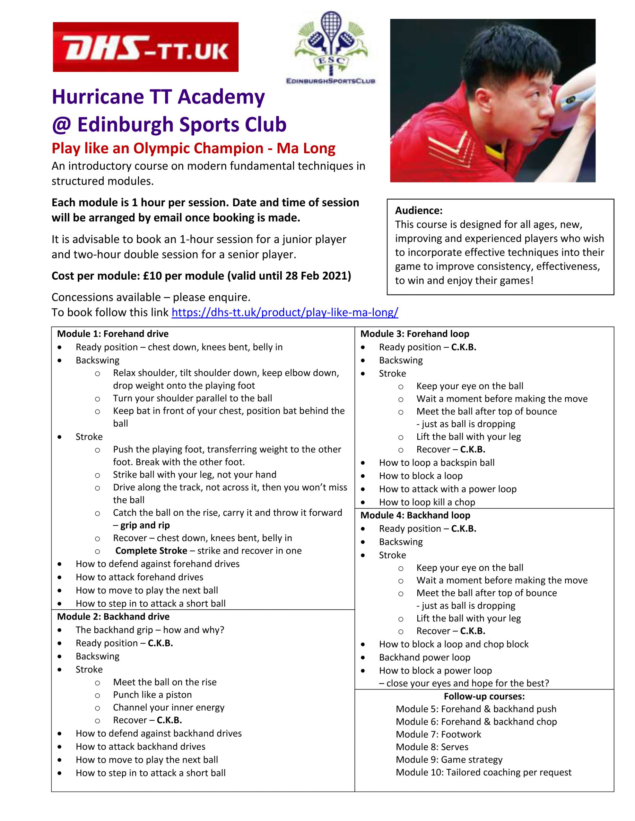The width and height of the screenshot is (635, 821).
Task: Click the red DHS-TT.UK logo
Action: point(145,47)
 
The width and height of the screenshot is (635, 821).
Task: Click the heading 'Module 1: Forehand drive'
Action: point(113,334)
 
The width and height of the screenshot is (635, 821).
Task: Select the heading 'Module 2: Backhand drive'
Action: point(113,616)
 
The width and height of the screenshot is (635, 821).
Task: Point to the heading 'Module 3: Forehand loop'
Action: point(415,334)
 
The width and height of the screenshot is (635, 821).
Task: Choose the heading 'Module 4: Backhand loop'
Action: point(415,515)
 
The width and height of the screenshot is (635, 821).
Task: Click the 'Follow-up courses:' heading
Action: point(484,696)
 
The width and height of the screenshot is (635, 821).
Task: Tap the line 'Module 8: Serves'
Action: point(432,747)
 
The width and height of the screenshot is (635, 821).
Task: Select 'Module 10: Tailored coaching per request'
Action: point(483,772)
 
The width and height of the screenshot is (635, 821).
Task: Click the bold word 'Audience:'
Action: point(419,210)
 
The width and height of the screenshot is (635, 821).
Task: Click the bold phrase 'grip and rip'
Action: point(145,525)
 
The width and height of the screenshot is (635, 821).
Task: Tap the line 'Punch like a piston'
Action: point(152,695)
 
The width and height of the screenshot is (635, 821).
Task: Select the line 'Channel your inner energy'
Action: point(168,707)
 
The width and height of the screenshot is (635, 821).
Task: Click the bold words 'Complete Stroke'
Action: point(151,551)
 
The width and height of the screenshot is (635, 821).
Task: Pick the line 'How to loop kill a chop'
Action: point(427,502)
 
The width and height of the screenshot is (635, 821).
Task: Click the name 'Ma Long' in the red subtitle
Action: point(306,148)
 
